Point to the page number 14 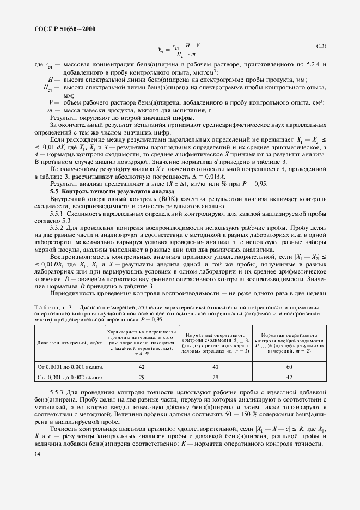pyautogui.click(x=37, y=454)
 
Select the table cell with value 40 pyautogui.click(x=215, y=367)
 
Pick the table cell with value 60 pyautogui.click(x=289, y=367)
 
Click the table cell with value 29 pyautogui.click(x=141, y=377)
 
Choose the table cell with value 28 pyautogui.click(x=215, y=377)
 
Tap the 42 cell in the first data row pyautogui.click(x=141, y=367)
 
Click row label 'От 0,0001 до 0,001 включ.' pyautogui.click(x=70, y=367)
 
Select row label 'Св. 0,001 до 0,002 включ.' pyautogui.click(x=70, y=377)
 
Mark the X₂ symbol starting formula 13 pyautogui.click(x=161, y=51)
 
